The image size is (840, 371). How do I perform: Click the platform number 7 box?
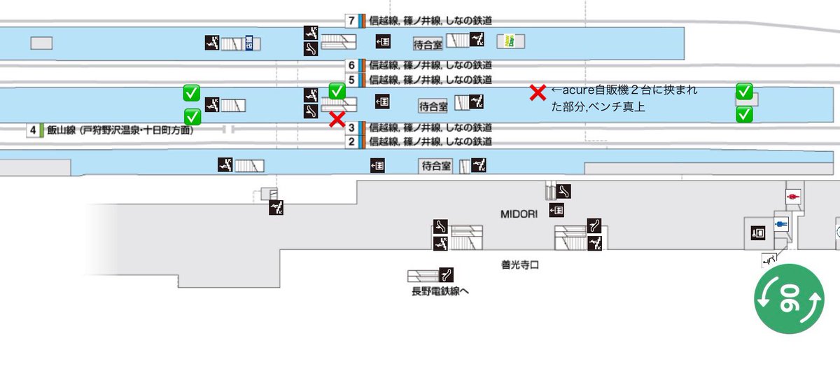pyautogui.click(x=351, y=20)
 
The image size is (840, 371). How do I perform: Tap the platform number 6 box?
pyautogui.click(x=351, y=65)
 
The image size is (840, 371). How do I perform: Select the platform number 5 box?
pyautogui.click(x=351, y=80)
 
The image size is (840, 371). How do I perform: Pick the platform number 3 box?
pyautogui.click(x=351, y=128)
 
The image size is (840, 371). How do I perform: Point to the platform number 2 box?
pyautogui.click(x=351, y=142)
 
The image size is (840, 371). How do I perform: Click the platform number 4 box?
pyautogui.click(x=33, y=130)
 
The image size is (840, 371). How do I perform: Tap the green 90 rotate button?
pyautogui.click(x=789, y=299)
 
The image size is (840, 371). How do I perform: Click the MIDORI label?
pyautogui.click(x=519, y=214)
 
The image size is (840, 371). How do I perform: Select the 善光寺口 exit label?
pyautogui.click(x=519, y=265)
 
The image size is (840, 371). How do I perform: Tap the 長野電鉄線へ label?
pyautogui.click(x=440, y=291)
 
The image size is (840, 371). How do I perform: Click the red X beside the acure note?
pyautogui.click(x=538, y=92)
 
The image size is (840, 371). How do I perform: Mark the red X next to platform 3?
pyautogui.click(x=337, y=119)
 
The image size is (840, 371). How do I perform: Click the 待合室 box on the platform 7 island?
pyautogui.click(x=428, y=45)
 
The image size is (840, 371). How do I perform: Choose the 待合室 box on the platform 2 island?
pyautogui.click(x=435, y=166)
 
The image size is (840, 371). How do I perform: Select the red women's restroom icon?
pyautogui.click(x=793, y=197)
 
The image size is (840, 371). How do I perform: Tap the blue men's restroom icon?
pyautogui.click(x=781, y=224)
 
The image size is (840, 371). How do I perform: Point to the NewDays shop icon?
pyautogui.click(x=510, y=41)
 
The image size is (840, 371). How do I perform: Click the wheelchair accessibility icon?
pyautogui.click(x=769, y=259)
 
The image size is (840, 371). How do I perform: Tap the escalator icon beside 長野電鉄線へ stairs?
pyautogui.click(x=447, y=275)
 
